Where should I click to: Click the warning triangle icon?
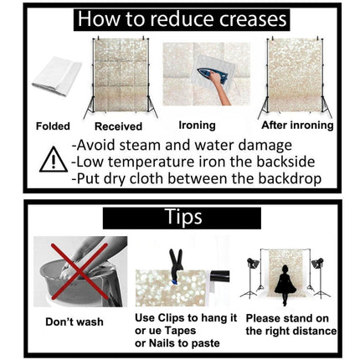pyautogui.click(x=54, y=160)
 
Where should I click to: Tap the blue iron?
pyautogui.click(x=212, y=75)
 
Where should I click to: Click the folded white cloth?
pyautogui.click(x=57, y=76)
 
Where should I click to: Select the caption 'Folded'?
pyautogui.click(x=53, y=126)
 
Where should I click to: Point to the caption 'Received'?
pyautogui.click(x=118, y=126)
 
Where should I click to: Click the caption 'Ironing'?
pyautogui.click(x=197, y=126)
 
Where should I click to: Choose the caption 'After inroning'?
pyautogui.click(x=297, y=126)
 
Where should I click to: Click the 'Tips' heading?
pyautogui.click(x=183, y=217)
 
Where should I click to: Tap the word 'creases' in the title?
pyautogui.click(x=253, y=19)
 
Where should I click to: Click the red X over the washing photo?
pyautogui.click(x=80, y=271)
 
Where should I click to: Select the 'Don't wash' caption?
pyautogui.click(x=75, y=321)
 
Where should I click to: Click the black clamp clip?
pyautogui.click(x=176, y=265)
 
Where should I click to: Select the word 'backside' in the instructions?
pyautogui.click(x=285, y=162)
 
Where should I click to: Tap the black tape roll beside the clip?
pyautogui.click(x=220, y=276)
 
